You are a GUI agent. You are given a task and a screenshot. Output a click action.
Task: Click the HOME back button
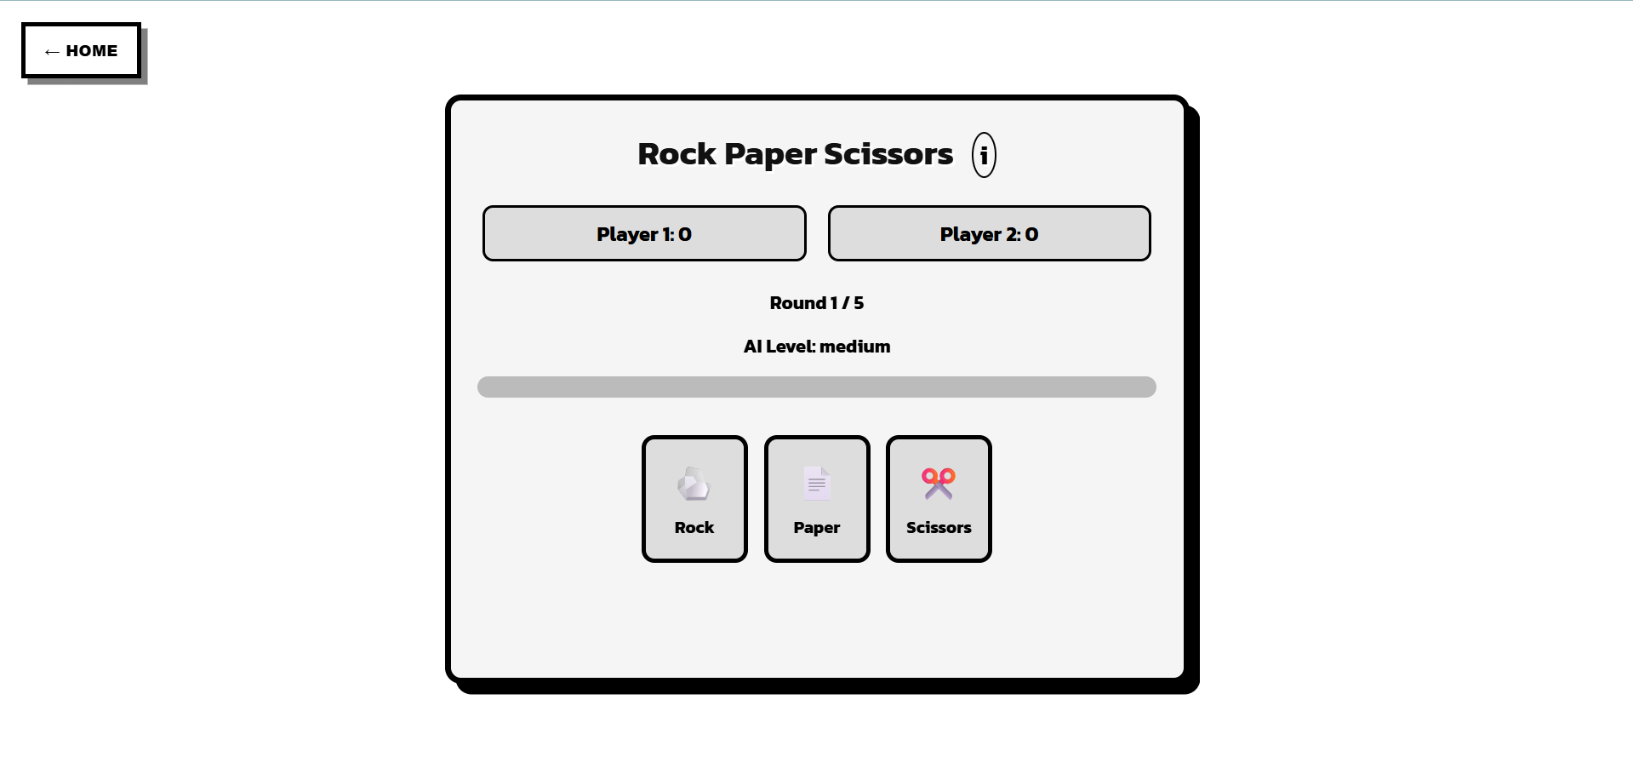click(81, 51)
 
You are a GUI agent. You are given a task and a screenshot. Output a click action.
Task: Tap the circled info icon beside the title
click(984, 155)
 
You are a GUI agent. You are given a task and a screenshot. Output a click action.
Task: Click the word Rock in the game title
click(677, 154)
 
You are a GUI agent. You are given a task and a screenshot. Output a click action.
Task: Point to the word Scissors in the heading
click(888, 154)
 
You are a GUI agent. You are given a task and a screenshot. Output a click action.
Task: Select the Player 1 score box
click(644, 233)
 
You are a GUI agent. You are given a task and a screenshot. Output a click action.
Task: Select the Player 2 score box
click(989, 233)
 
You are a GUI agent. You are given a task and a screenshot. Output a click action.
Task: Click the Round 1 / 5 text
click(816, 303)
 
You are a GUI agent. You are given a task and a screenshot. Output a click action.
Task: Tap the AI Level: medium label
click(816, 347)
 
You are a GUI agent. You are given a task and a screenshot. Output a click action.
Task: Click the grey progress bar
click(816, 387)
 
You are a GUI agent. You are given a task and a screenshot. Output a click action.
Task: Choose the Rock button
click(694, 499)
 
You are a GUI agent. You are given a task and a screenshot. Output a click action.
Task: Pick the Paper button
click(817, 499)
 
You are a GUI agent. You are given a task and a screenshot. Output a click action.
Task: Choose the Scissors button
click(939, 499)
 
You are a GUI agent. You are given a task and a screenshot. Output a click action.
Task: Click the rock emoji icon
click(694, 484)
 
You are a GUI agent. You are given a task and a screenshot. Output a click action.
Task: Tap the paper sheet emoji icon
click(817, 484)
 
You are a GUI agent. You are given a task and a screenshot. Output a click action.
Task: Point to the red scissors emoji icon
click(939, 484)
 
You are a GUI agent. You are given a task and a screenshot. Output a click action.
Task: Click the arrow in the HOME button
click(52, 52)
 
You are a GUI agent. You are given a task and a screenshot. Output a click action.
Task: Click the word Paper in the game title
click(770, 154)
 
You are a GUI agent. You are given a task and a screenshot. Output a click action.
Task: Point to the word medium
click(854, 347)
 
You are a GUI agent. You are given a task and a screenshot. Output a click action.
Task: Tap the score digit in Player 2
click(1031, 234)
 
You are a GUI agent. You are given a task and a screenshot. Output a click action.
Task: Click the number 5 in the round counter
click(859, 303)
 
